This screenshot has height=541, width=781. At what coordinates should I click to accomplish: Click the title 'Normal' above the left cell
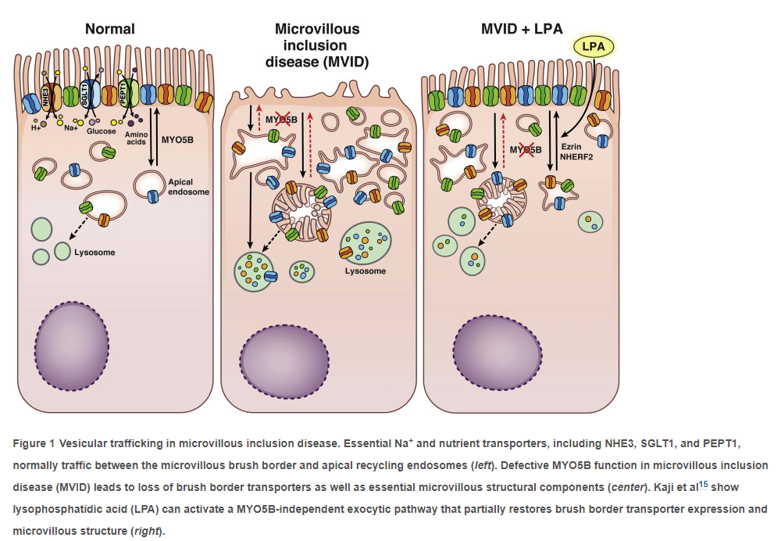click(x=110, y=29)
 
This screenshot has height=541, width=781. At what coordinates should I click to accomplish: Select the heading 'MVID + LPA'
click(x=527, y=30)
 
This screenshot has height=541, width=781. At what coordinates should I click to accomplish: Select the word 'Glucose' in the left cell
click(x=102, y=131)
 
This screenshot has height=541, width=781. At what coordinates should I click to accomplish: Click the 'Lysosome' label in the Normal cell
click(x=95, y=253)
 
